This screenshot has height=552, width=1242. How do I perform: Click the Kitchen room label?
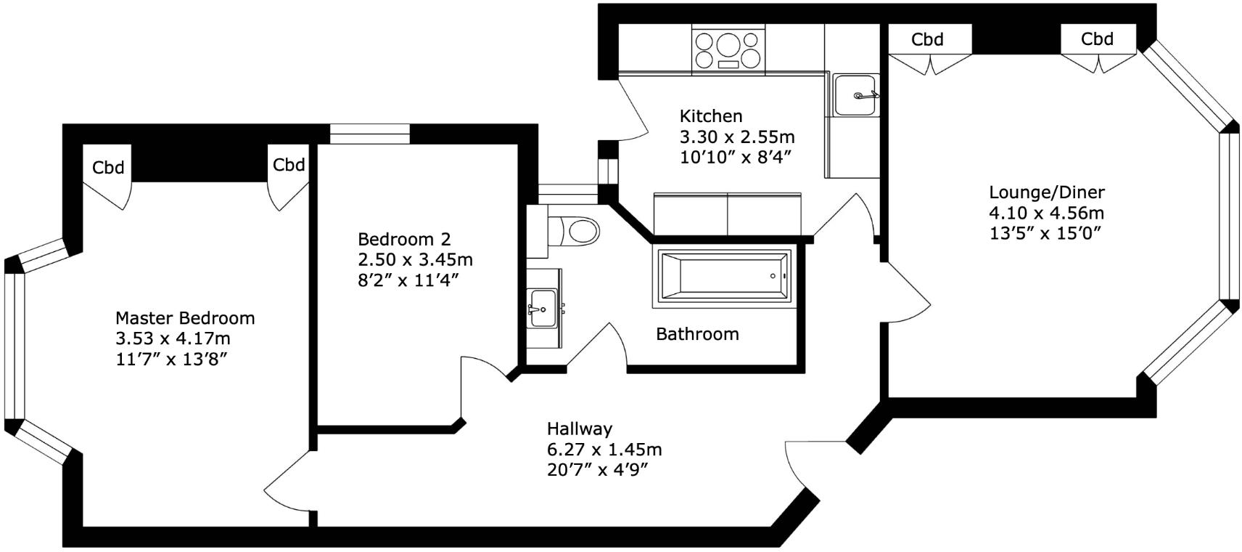[x=710, y=115]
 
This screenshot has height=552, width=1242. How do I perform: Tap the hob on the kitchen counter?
[x=728, y=49]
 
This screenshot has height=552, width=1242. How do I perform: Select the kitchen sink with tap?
[x=855, y=95]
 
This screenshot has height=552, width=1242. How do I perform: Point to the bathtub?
[x=724, y=276]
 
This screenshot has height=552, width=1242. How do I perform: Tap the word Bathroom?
[x=696, y=334]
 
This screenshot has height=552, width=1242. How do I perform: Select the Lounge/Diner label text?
[x=1046, y=192]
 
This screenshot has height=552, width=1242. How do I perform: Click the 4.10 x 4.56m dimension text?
[x=1046, y=213]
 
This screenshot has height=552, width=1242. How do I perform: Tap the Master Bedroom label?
[x=185, y=318]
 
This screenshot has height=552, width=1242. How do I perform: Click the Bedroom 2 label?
[x=404, y=239]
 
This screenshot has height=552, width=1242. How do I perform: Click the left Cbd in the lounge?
[x=927, y=39]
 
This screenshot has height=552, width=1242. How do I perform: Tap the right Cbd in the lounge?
[x=1096, y=38]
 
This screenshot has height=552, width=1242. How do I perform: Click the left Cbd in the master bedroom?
[x=108, y=168]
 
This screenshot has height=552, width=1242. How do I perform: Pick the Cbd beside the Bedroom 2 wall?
[x=288, y=165]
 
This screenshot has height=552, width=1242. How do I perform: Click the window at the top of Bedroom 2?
[x=369, y=134]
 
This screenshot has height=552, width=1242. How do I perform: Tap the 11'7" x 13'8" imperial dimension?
[x=172, y=359]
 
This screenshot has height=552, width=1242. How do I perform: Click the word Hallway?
[x=579, y=429]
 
